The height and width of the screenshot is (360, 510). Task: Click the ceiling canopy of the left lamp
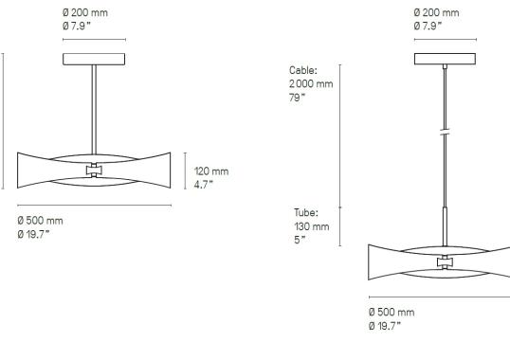[94, 59]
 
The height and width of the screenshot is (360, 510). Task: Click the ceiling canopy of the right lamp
[445, 59]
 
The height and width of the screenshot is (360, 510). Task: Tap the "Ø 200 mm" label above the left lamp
[84, 12]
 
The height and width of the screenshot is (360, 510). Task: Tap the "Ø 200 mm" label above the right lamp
[436, 12]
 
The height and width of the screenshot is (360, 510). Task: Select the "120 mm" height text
[211, 171]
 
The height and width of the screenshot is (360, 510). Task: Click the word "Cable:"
[303, 70]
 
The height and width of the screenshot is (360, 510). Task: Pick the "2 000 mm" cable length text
[311, 83]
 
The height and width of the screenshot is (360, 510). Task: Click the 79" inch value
[298, 97]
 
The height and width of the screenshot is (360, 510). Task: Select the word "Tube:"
[305, 213]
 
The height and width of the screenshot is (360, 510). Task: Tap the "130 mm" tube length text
[311, 226]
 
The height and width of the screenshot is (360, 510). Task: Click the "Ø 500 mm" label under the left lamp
[40, 221]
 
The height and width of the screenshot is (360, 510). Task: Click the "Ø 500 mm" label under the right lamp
[391, 312]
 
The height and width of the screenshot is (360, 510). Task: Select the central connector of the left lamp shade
[94, 171]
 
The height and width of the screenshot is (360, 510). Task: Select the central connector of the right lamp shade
[445, 261]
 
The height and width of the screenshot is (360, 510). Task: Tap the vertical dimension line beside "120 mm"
[185, 171]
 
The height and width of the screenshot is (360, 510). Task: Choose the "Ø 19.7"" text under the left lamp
[33, 234]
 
